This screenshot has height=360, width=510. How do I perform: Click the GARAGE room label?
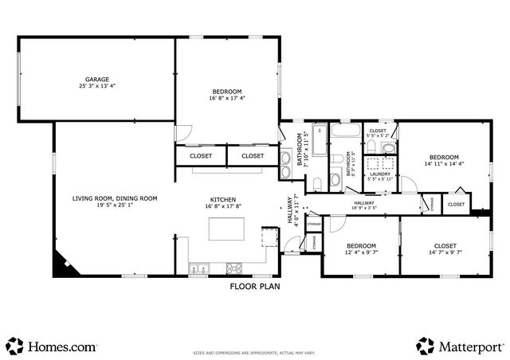[x=97, y=79]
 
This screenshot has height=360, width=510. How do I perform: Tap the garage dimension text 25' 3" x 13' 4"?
[x=97, y=86]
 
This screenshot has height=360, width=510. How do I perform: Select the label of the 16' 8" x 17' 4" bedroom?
[x=227, y=92]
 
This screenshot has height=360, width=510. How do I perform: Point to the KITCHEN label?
[x=222, y=199]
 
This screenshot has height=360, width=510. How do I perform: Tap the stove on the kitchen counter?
[x=235, y=268]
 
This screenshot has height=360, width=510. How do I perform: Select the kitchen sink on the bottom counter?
[x=198, y=268]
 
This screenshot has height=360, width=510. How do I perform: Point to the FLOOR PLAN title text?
[x=255, y=285]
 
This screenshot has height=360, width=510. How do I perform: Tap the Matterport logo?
[x=460, y=346]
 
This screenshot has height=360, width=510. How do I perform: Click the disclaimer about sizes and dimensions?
[x=255, y=350]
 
